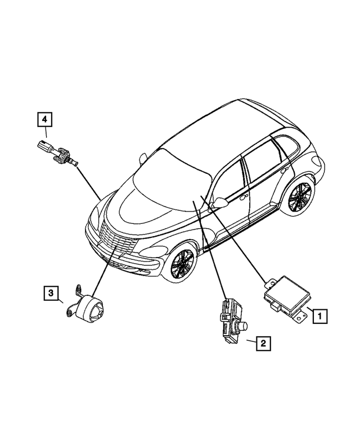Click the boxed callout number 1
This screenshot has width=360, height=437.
318,317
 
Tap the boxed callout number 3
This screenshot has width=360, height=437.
51,293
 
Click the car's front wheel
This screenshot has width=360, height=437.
183,264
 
